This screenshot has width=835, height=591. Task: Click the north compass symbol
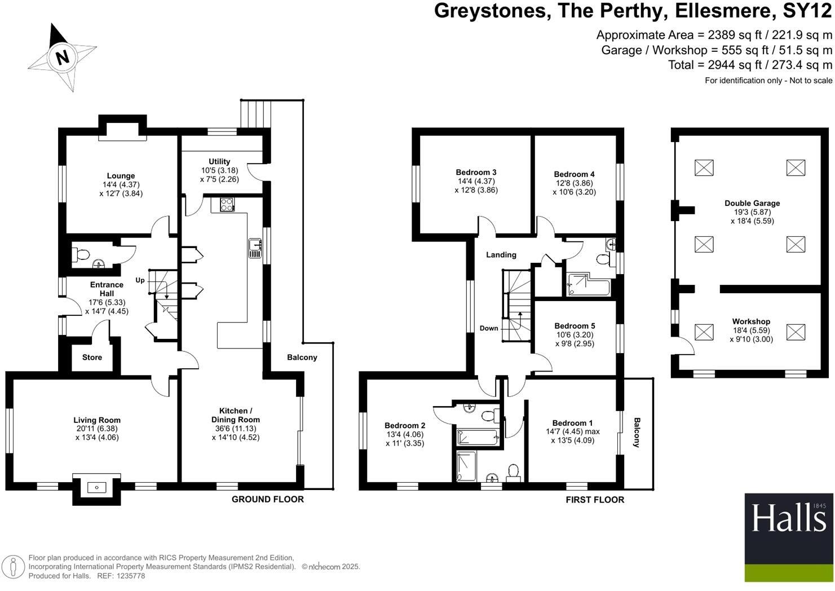61,58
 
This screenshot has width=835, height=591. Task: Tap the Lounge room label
121,176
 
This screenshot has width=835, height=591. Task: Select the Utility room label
219,161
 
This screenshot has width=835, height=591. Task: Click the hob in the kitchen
227,205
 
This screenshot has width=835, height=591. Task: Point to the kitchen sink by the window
255,248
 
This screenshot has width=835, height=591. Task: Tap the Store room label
92,358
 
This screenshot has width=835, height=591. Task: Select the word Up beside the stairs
140,280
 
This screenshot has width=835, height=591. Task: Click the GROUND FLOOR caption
268,499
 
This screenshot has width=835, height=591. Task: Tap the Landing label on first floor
501,255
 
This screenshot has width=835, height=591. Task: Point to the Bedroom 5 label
575,326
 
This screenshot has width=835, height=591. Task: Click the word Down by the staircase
489,328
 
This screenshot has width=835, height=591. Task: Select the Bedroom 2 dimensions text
405,439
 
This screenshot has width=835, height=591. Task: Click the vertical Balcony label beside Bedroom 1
637,433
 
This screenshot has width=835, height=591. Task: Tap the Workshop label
751,321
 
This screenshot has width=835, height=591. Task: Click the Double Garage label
752,203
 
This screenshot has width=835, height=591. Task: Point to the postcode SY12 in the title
803,11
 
